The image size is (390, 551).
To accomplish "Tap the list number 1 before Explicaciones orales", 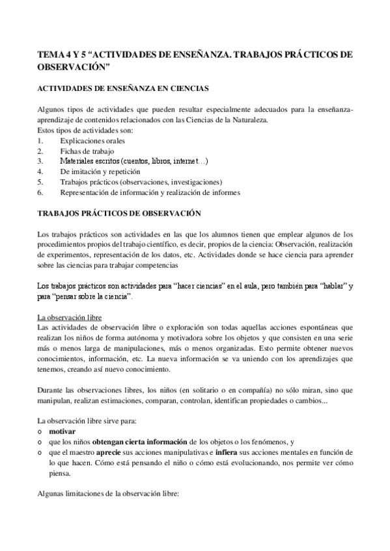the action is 40,140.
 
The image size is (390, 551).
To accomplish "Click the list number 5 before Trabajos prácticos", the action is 40,181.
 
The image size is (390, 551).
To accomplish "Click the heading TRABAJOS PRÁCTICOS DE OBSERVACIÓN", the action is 120,212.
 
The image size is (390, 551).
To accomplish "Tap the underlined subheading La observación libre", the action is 68,317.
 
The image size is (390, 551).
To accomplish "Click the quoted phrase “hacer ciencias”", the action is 208,286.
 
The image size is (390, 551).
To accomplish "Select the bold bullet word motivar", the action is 62,431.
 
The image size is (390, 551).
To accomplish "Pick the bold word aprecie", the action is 109,452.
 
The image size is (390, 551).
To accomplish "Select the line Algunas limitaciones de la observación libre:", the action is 112,493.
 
